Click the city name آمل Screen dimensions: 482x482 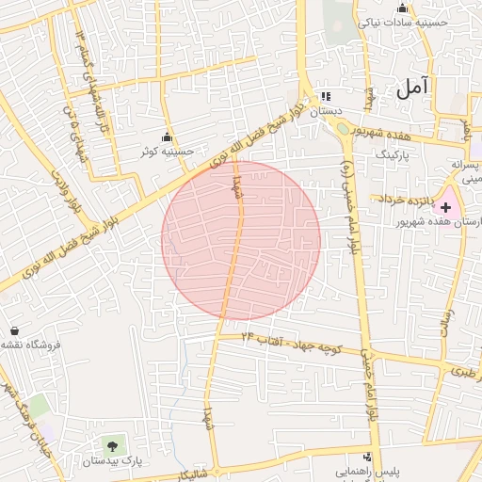tap(411, 88)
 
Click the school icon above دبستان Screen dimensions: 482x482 tap(327, 96)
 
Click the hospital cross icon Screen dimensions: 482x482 tap(444, 205)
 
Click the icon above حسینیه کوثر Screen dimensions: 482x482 tap(168, 137)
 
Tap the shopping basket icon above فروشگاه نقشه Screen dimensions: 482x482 tap(15, 330)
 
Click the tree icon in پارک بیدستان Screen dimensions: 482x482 tap(114, 444)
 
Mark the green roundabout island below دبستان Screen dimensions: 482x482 tap(344, 129)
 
